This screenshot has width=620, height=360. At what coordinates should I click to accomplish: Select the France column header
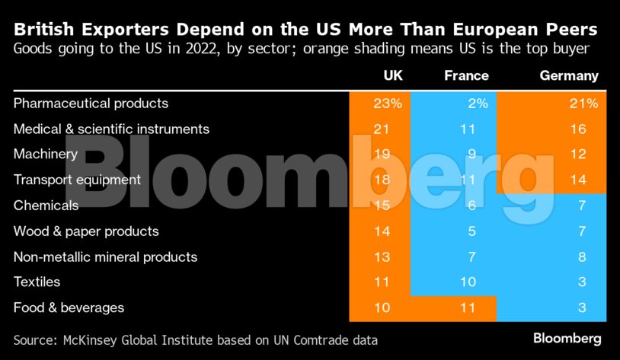[466, 76]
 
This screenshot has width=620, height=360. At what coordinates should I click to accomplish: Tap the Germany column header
[569, 76]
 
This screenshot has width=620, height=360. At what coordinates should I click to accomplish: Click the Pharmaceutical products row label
[91, 103]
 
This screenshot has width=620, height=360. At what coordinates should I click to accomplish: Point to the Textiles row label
[37, 282]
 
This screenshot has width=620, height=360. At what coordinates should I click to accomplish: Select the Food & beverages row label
[69, 308]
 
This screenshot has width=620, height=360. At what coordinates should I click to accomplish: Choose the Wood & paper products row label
[86, 231]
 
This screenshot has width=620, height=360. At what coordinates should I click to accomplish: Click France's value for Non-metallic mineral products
[471, 256]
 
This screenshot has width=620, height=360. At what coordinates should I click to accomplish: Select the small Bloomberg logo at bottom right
[567, 338]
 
